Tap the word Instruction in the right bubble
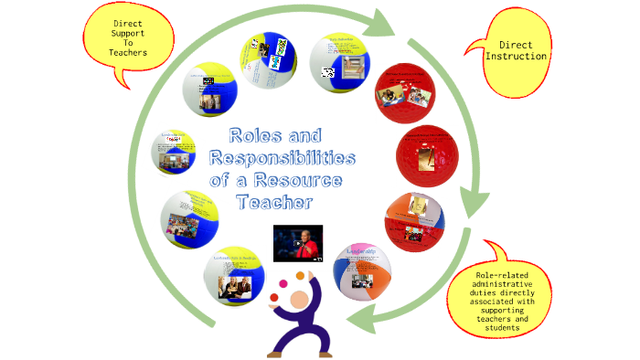click(x=517, y=56)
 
